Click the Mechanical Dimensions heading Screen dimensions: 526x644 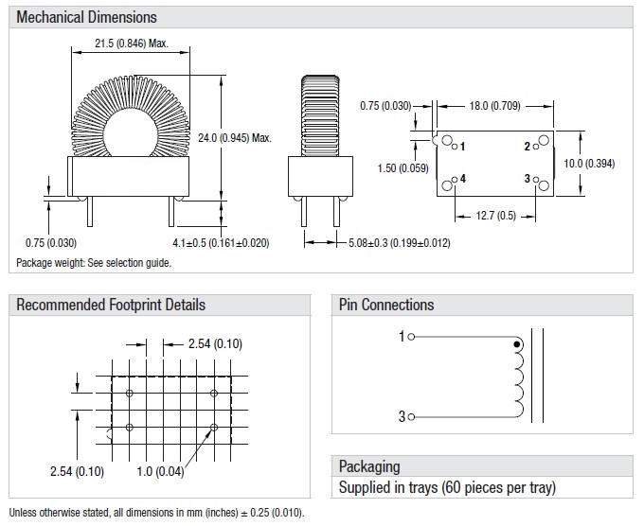pyautogui.click(x=87, y=17)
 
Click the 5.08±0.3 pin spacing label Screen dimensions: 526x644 pyautogui.click(x=397, y=243)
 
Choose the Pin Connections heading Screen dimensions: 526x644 pyautogui.click(x=386, y=305)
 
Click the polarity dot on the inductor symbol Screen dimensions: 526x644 pyautogui.click(x=516, y=344)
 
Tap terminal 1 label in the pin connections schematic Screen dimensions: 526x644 pyautogui.click(x=401, y=336)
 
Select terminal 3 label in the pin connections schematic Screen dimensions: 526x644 pyautogui.click(x=401, y=416)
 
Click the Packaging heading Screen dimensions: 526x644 pyautogui.click(x=369, y=466)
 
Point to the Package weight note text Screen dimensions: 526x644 pyautogui.click(x=94, y=262)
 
